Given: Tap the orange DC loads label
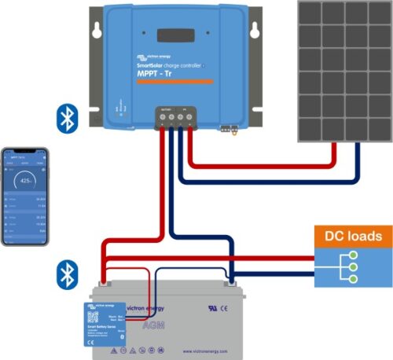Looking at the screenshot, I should (x=353, y=236).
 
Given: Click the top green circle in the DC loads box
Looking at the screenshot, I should (x=354, y=255).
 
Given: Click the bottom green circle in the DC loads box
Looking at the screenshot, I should (x=354, y=280).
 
